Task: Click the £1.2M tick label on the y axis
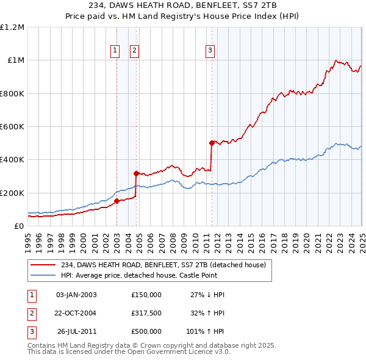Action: tap(12, 27)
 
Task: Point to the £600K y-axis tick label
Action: tap(12, 127)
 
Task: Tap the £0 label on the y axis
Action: tap(19, 226)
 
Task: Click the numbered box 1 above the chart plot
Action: tap(115, 51)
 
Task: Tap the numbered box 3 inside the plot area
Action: tap(210, 51)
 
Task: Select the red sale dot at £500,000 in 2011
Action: tap(212, 143)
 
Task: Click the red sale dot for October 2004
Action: tap(136, 173)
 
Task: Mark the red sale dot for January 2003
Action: tap(117, 201)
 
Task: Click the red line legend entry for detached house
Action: tap(163, 265)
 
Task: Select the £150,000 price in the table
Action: tap(146, 295)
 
